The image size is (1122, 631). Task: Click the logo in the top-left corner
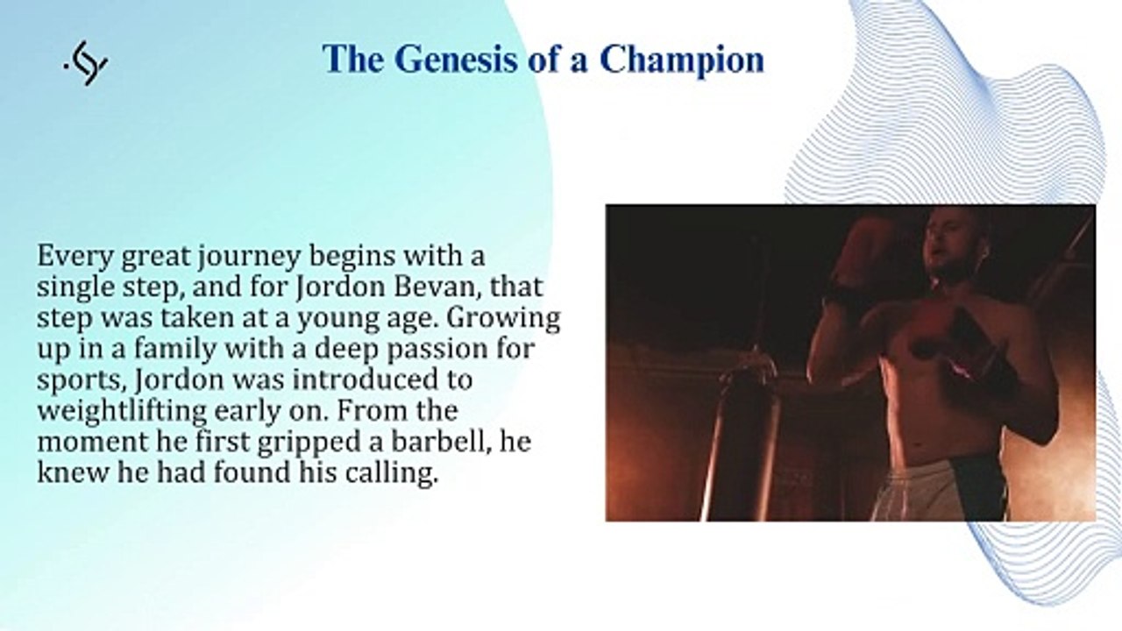pos(86,63)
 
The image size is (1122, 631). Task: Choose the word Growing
pos(502,319)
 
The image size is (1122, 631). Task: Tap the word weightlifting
pos(122,412)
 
